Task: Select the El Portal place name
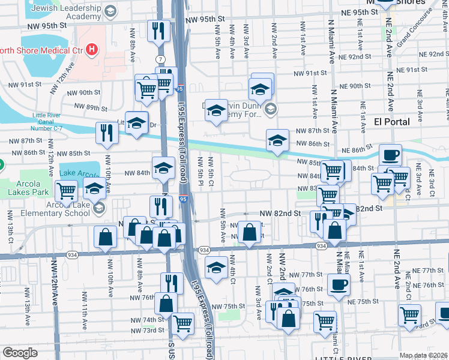tap(391, 121)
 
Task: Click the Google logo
tap(20, 353)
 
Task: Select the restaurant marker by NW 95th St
tap(157, 30)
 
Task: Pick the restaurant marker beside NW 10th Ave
tap(107, 133)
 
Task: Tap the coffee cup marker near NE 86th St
tap(390, 154)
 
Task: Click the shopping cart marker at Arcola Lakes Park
tap(66, 191)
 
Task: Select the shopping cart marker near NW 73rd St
tap(183, 323)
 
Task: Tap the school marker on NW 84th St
tap(163, 167)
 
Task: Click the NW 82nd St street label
tap(280, 214)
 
